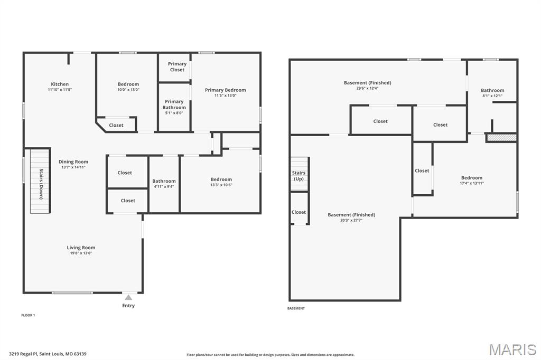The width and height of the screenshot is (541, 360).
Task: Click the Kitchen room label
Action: pos(60,84)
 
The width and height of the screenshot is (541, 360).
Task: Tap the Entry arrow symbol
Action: pos(128,298)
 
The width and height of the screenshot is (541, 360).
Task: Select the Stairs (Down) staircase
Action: pos(40,181)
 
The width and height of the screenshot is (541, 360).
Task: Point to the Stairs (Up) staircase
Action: pos(299,175)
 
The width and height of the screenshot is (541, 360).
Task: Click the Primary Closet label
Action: pos(177,67)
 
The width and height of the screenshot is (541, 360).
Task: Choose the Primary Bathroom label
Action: pos(174,105)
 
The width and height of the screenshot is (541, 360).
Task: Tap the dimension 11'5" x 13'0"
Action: pos(225,96)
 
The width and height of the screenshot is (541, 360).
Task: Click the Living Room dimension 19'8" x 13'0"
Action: pos(81,253)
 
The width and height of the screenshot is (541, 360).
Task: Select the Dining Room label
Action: pos(73,162)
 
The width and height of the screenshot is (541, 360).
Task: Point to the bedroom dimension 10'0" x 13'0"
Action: pos(128,90)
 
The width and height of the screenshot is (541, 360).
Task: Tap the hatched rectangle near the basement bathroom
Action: pos(501,137)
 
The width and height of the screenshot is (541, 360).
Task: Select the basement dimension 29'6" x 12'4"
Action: pos(367,88)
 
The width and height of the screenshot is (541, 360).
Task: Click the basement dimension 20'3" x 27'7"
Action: pos(351,220)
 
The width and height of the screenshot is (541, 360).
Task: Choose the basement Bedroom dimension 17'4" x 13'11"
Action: pos(471,183)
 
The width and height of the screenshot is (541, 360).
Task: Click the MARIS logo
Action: pos(512,349)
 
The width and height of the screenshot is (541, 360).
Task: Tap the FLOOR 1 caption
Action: pos(28,315)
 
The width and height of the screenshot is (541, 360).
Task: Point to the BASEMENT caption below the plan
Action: pos(296,308)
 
